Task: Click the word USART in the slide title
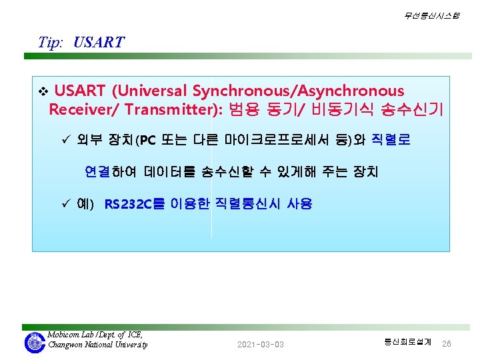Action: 99,42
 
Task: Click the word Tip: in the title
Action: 51,43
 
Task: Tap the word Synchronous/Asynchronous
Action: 298,91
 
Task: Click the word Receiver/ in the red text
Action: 83,109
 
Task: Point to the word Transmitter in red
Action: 171,109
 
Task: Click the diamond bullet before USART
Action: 43,91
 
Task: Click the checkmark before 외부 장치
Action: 66,139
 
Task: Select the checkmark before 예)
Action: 66,203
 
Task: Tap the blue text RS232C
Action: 128,204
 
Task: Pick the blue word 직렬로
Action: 391,139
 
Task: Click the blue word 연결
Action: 97,171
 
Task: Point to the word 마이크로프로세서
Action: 277,139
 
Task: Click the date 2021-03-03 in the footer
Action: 261,345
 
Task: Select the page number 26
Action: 446,344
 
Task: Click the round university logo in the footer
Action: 35,343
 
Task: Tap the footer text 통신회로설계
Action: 407,341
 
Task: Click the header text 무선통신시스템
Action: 431,15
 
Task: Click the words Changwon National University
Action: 97,345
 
